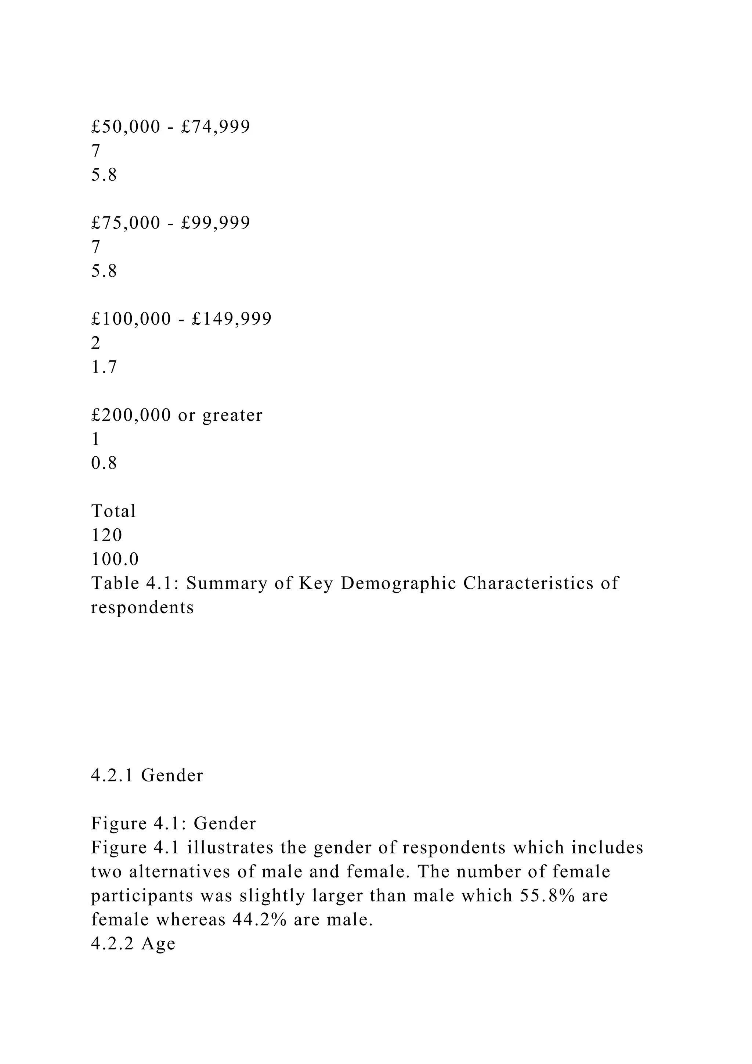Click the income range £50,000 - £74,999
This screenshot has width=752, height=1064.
pos(170,126)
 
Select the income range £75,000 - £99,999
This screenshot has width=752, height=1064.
pos(170,223)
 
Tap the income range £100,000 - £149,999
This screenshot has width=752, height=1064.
pos(181,319)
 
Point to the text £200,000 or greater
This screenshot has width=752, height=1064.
pos(176,415)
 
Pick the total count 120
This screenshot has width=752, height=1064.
pos(106,535)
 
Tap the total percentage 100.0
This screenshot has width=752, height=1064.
pos(115,559)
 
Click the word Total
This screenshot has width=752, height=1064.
pos(113,511)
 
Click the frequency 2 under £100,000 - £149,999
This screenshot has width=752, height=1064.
pos(96,343)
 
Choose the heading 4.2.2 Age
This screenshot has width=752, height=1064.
pos(133,944)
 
